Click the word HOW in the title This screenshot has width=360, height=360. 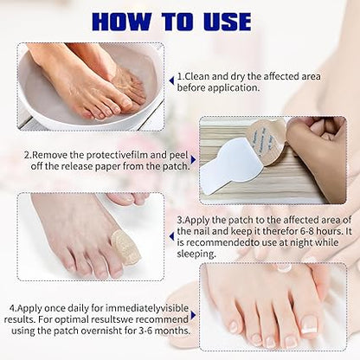coord(121,22)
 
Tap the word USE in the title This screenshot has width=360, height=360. coord(228,22)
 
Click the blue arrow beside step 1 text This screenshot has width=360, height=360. coord(172,80)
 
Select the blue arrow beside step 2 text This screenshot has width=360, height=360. coord(193,159)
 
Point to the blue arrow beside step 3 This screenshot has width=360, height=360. coord(172,236)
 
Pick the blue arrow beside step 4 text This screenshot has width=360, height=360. coord(193,315)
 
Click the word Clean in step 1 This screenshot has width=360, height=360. coord(196,76)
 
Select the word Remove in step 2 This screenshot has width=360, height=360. coord(49,155)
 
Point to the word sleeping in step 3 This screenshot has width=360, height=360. coord(196,254)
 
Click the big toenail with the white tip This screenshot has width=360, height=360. coord(309,325)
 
